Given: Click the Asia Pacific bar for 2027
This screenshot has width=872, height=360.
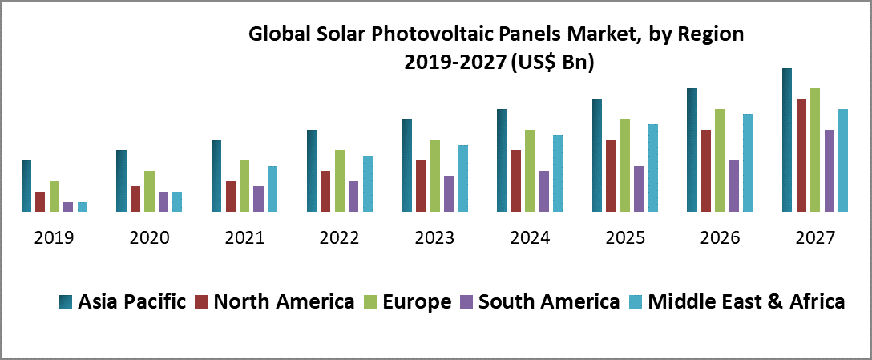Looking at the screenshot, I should point(787,140).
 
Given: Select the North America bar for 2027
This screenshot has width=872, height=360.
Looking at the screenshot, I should point(801,156).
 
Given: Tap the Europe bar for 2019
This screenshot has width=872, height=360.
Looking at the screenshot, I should point(54,196).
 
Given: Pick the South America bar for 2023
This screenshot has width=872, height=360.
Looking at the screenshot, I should point(449,194).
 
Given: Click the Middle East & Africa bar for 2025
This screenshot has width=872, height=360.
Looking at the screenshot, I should point(653,168).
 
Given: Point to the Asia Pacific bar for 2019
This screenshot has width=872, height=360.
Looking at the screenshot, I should point(26,186).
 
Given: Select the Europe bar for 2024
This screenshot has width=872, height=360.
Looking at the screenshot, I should point(530,171).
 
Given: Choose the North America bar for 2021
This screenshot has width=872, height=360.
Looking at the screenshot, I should point(231,196).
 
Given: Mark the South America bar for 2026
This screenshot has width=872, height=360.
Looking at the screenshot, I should point(734,186).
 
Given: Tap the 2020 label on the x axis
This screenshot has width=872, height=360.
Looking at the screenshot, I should point(149,238).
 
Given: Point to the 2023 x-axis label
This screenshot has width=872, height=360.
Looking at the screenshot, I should point(434,238).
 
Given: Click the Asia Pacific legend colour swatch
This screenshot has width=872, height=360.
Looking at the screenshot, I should point(67,302).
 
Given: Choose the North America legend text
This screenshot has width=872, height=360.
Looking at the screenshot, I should point(284,301).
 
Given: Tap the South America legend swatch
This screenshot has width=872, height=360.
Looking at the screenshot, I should point(466,302).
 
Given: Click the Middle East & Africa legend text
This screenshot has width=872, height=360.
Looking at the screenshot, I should point(745,301).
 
